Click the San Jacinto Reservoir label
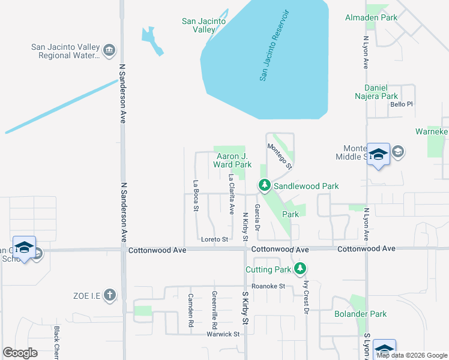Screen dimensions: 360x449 (274, 46)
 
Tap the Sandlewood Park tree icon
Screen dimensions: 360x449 (264, 186)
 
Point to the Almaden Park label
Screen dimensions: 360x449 (371, 18)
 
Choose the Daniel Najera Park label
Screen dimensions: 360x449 (373, 92)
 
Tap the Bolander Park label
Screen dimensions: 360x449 (361, 314)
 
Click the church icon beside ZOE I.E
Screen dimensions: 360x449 (109, 295)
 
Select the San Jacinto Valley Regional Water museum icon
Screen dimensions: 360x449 (109, 49)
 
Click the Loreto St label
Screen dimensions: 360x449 (215, 239)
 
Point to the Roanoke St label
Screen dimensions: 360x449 (268, 286)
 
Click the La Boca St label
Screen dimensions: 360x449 (196, 196)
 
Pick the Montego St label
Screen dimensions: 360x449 (280, 156)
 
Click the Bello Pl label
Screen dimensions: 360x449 (402, 104)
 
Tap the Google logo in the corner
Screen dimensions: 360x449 (20, 353)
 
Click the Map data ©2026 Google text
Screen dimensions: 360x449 (412, 355)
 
